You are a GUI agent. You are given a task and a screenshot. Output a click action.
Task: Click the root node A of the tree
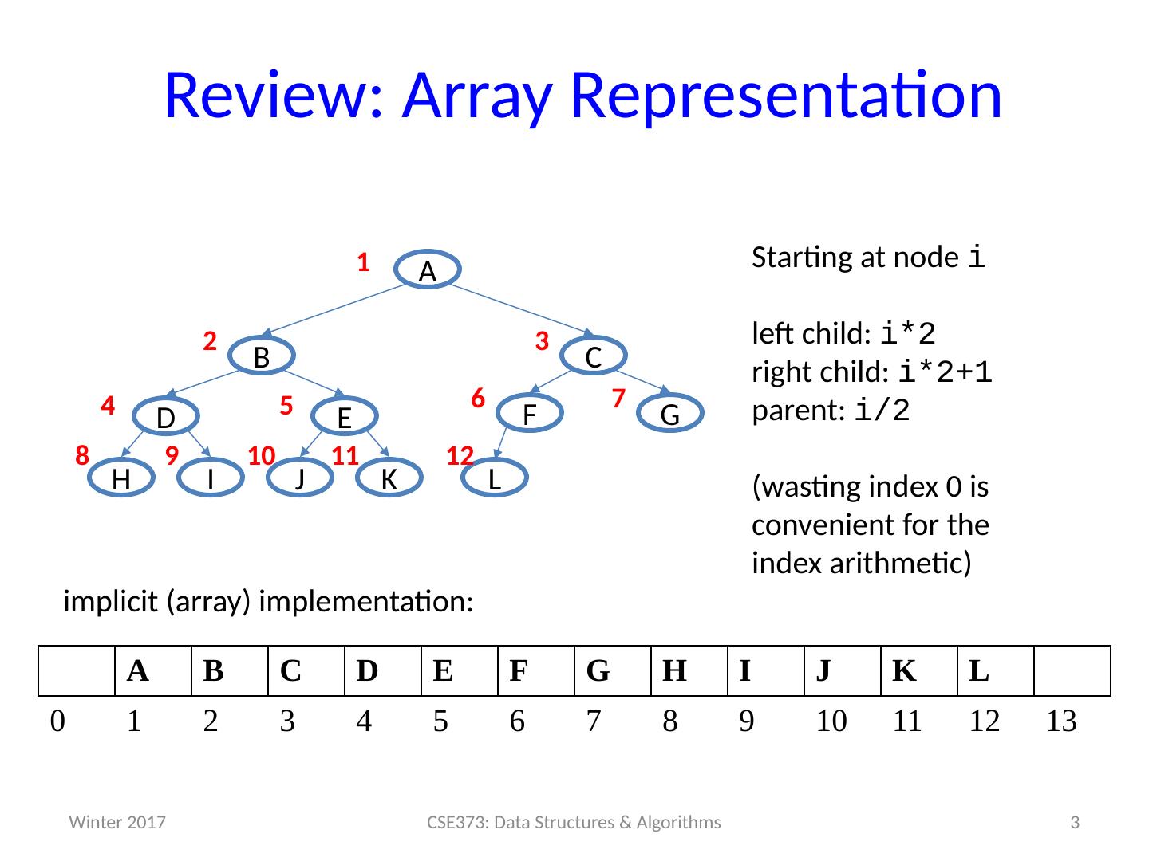click(428, 270)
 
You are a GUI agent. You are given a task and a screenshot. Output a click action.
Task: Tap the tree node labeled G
click(670, 414)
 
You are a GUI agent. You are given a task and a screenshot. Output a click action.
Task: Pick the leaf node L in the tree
click(495, 478)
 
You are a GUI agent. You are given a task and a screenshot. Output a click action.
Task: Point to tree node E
click(344, 416)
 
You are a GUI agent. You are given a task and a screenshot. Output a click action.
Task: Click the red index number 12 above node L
click(460, 456)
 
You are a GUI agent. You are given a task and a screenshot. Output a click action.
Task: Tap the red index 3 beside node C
click(542, 342)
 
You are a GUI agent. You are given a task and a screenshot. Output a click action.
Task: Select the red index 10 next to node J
click(262, 456)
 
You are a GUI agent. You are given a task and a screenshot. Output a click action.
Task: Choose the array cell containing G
click(612, 671)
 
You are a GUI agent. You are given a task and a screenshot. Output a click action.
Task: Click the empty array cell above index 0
click(77, 671)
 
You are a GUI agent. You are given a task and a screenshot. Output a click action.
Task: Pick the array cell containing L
click(995, 671)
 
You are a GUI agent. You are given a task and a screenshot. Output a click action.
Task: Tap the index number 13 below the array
click(1061, 721)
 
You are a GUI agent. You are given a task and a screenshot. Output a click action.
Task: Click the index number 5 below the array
click(440, 721)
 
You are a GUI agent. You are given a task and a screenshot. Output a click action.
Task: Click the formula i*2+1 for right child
click(946, 372)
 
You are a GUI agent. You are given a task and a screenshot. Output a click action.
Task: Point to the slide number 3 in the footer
click(1075, 823)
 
